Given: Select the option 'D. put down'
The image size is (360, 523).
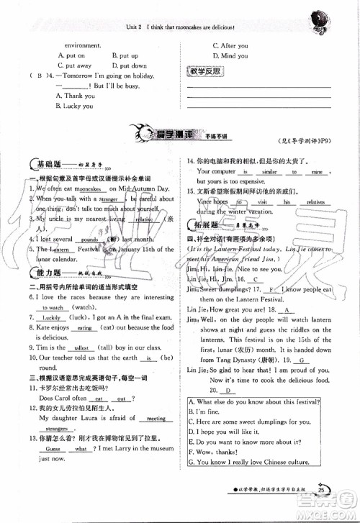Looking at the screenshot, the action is click(x=130, y=65).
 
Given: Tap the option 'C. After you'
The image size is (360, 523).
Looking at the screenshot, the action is click(x=230, y=45).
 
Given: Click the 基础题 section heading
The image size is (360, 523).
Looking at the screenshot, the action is click(x=43, y=164).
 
